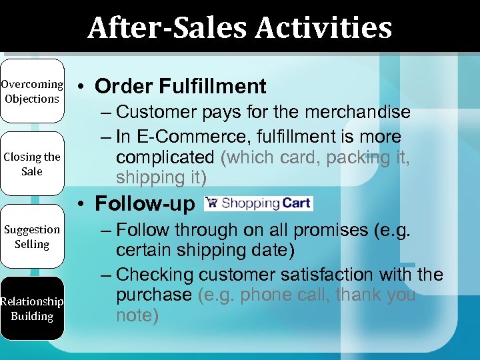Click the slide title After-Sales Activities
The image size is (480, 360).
(239, 27)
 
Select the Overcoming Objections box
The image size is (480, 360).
(31, 91)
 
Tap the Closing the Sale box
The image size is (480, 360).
(31, 164)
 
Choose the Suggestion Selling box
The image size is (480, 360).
(31, 237)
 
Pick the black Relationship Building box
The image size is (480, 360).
(31, 309)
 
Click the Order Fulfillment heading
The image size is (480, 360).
(180, 86)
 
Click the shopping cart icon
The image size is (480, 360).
(211, 203)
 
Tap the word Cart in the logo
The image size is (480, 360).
(296, 203)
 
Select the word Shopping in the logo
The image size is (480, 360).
(251, 203)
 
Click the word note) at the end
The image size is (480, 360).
(137, 315)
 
